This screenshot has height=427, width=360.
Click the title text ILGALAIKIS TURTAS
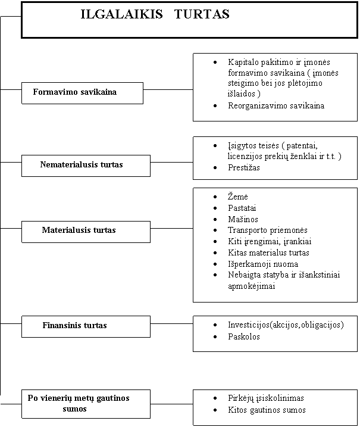click(155, 14)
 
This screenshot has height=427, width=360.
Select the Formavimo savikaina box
click(82, 93)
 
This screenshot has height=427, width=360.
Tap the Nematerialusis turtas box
click(86, 166)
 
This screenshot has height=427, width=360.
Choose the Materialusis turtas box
click(86, 232)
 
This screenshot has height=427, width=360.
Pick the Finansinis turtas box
click(86, 326)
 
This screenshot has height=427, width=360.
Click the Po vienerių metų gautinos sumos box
click(86, 404)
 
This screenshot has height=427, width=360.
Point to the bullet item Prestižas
click(244, 167)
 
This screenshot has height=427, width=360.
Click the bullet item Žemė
click(238, 197)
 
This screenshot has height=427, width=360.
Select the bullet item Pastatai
click(242, 208)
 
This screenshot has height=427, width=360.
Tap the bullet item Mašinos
click(243, 219)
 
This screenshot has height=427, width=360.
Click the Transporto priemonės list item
click(268, 230)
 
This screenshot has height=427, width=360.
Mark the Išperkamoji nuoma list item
click(263, 264)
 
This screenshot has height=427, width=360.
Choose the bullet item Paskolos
click(244, 336)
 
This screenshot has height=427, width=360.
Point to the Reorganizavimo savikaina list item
click(276, 105)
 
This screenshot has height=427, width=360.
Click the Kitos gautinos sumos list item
click(267, 410)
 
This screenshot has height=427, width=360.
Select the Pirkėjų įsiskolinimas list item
click(266, 398)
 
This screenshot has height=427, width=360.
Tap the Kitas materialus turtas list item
click(268, 253)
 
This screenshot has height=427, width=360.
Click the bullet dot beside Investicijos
click(215, 325)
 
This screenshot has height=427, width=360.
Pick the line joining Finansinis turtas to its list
click(172, 323)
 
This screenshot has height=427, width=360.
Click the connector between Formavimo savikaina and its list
click(168, 89)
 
